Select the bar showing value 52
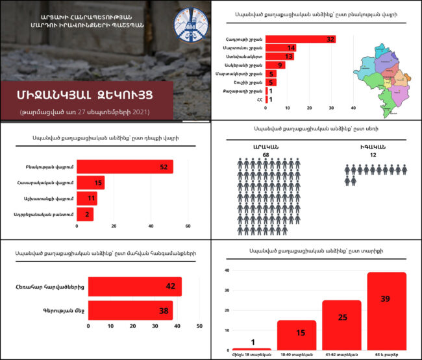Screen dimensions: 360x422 (x=125, y=167)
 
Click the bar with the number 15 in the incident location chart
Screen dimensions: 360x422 (x=90, y=184)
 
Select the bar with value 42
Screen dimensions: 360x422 (x=134, y=286)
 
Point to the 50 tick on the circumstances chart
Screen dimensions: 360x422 (x=199, y=326)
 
